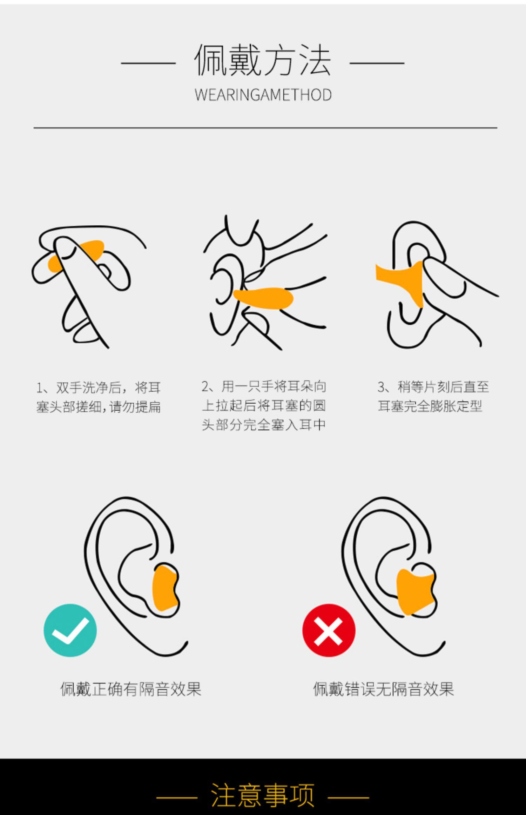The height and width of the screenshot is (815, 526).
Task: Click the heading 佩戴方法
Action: [x=263, y=60]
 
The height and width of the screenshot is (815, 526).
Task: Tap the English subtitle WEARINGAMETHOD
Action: [x=263, y=95]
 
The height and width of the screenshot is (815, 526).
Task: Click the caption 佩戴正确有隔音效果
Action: [x=131, y=689]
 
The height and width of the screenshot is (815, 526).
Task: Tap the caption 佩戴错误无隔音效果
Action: [x=383, y=689]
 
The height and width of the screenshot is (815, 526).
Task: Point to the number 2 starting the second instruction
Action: [x=205, y=387]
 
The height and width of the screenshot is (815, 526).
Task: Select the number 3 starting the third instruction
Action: [x=381, y=387]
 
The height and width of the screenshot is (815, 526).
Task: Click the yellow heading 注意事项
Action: [x=263, y=795]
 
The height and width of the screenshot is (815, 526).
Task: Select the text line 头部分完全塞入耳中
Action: [x=264, y=425]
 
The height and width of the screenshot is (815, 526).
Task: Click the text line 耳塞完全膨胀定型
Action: [x=430, y=406]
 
